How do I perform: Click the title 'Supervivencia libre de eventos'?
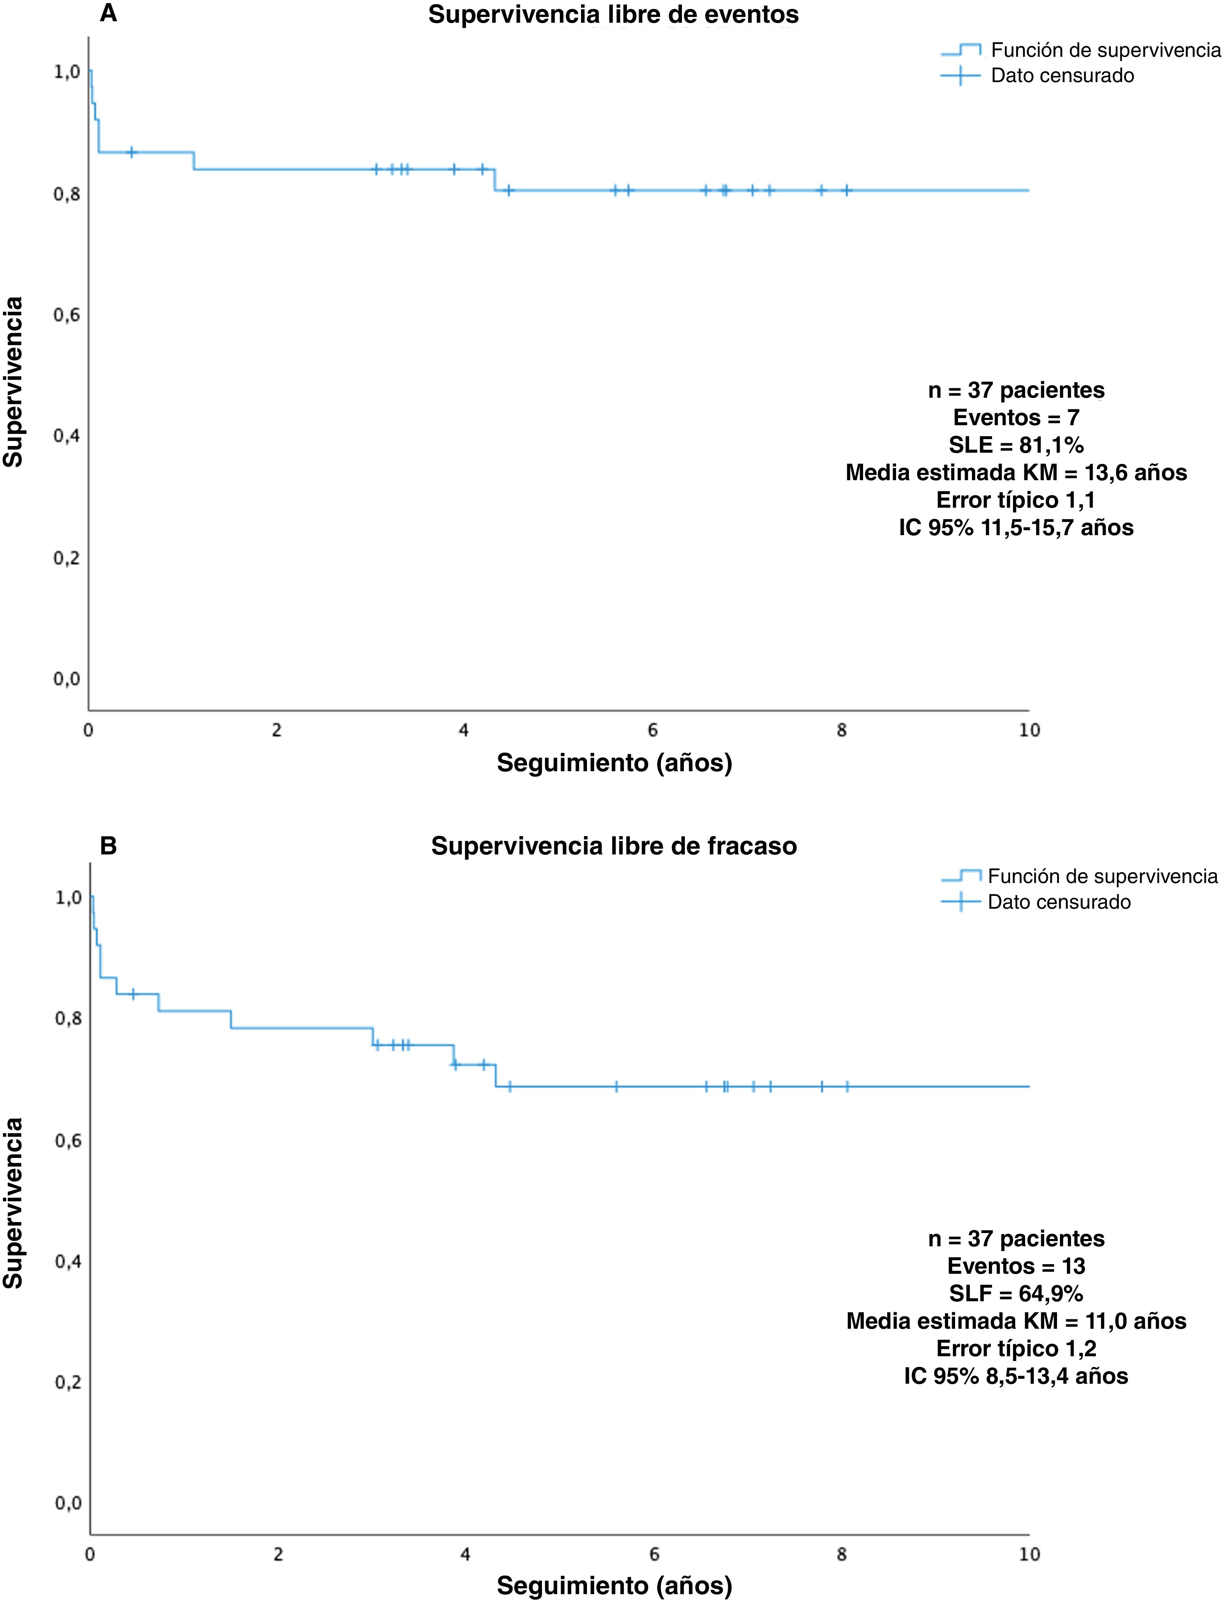(x=613, y=15)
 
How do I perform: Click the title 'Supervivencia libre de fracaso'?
(x=614, y=846)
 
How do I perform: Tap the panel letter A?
(x=109, y=13)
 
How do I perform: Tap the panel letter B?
(x=109, y=846)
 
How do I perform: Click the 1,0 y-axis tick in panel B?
(x=68, y=897)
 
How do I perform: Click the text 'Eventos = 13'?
(x=1016, y=1266)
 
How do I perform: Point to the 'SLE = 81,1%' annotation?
(x=1016, y=445)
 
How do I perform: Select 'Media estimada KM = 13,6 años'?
(x=1016, y=473)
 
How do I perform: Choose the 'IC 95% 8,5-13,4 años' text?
(x=1016, y=1376)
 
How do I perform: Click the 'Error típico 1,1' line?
(x=1016, y=500)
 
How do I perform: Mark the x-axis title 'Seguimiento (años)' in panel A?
(x=614, y=763)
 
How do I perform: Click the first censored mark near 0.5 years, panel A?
(x=132, y=152)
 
